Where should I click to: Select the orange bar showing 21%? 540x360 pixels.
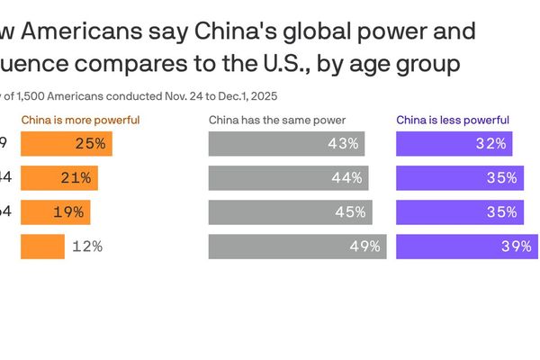coord(58,178)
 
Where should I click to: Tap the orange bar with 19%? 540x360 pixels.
coord(55,212)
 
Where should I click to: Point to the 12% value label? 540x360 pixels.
coord(87,247)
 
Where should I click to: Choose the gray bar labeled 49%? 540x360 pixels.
coord(297,247)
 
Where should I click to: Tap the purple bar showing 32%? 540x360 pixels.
coord(454,144)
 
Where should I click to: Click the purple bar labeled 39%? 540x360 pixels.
coord(467,247)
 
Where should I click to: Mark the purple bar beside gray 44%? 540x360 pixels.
coord(460,178)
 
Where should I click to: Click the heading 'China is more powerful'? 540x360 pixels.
coord(80,120)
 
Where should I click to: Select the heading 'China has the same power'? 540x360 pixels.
coord(277,120)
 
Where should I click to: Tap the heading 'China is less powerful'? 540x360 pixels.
coord(453,120)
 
